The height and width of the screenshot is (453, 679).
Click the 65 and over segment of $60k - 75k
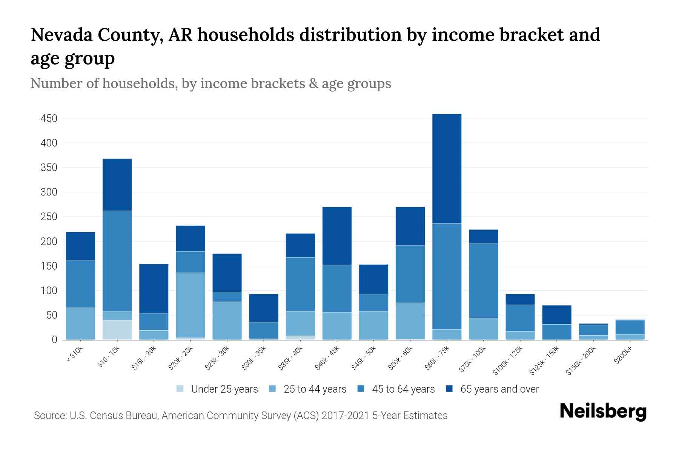click(x=447, y=169)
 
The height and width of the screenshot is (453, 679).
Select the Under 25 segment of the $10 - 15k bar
click(x=117, y=330)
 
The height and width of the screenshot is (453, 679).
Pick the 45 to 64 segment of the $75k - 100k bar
click(x=483, y=281)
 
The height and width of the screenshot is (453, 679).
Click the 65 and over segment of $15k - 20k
click(x=154, y=289)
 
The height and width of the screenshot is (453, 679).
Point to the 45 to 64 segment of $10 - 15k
click(x=117, y=261)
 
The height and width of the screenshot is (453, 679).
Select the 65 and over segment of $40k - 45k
click(x=337, y=236)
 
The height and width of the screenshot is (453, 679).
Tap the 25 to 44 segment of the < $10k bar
click(x=80, y=324)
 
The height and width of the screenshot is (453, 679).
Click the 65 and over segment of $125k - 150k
click(x=556, y=315)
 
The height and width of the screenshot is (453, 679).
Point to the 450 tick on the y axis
click(x=49, y=119)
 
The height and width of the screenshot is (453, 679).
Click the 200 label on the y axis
click(x=49, y=242)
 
